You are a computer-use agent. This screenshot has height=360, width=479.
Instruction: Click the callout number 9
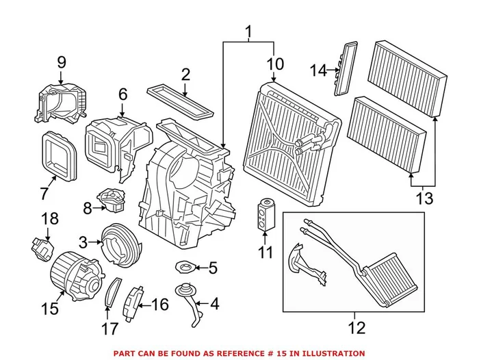61,63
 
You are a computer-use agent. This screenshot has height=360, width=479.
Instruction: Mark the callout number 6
122,94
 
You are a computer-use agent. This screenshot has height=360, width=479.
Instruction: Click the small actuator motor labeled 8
112,198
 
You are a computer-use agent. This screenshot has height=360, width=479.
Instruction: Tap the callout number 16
159,304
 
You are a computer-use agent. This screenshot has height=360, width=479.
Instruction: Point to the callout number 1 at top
248,31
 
